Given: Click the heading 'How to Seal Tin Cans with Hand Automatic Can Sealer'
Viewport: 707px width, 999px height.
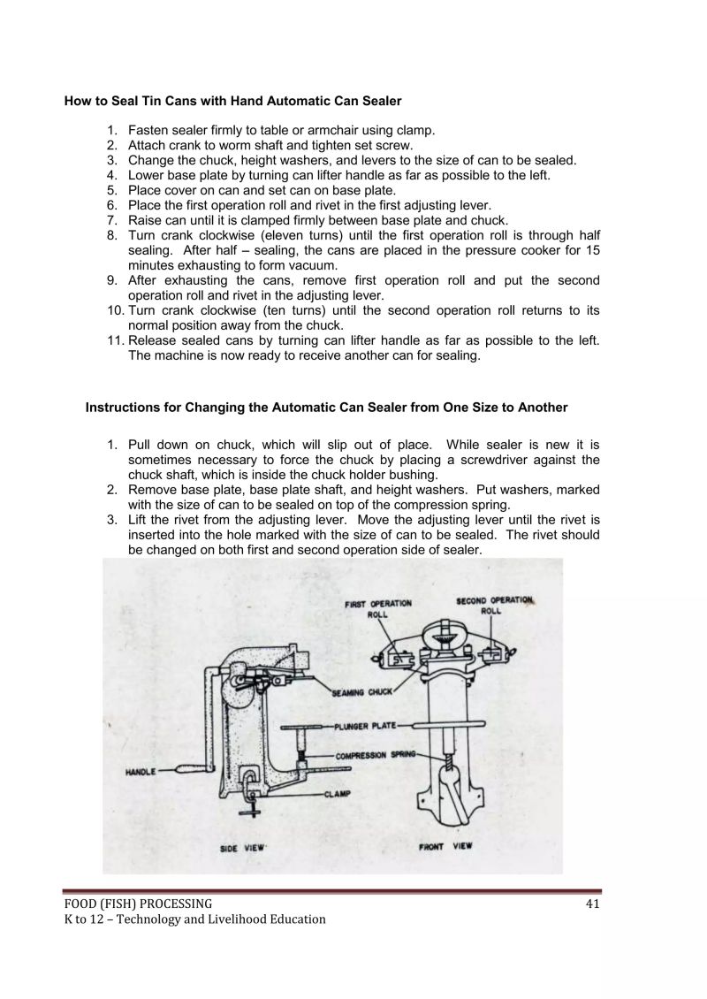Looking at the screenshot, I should pos(232,102).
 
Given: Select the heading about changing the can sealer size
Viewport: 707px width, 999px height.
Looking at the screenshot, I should pos(326,408).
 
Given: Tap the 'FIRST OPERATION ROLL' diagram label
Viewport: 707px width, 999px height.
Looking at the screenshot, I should pos(377,608).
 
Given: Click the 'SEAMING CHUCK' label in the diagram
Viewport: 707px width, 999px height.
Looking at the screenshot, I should pos(361,692).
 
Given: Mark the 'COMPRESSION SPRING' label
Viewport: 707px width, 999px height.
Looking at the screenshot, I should pos(376,756).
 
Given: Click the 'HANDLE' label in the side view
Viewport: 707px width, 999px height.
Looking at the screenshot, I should pos(141,772).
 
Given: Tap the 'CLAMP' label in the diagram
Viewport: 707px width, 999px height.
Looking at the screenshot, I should pos(338,793).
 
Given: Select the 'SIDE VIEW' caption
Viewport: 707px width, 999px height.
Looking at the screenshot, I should pos(242,848).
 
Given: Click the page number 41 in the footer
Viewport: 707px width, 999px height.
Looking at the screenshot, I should pos(593,903).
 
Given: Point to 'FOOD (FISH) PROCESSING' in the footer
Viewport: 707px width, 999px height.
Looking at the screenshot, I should pos(138,903).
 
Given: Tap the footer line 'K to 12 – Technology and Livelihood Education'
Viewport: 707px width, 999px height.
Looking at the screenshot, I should pos(194,919).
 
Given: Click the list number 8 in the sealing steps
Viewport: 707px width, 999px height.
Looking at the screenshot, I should pos(112,236).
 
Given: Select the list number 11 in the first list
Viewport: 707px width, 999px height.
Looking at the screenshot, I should pos(116,341).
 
